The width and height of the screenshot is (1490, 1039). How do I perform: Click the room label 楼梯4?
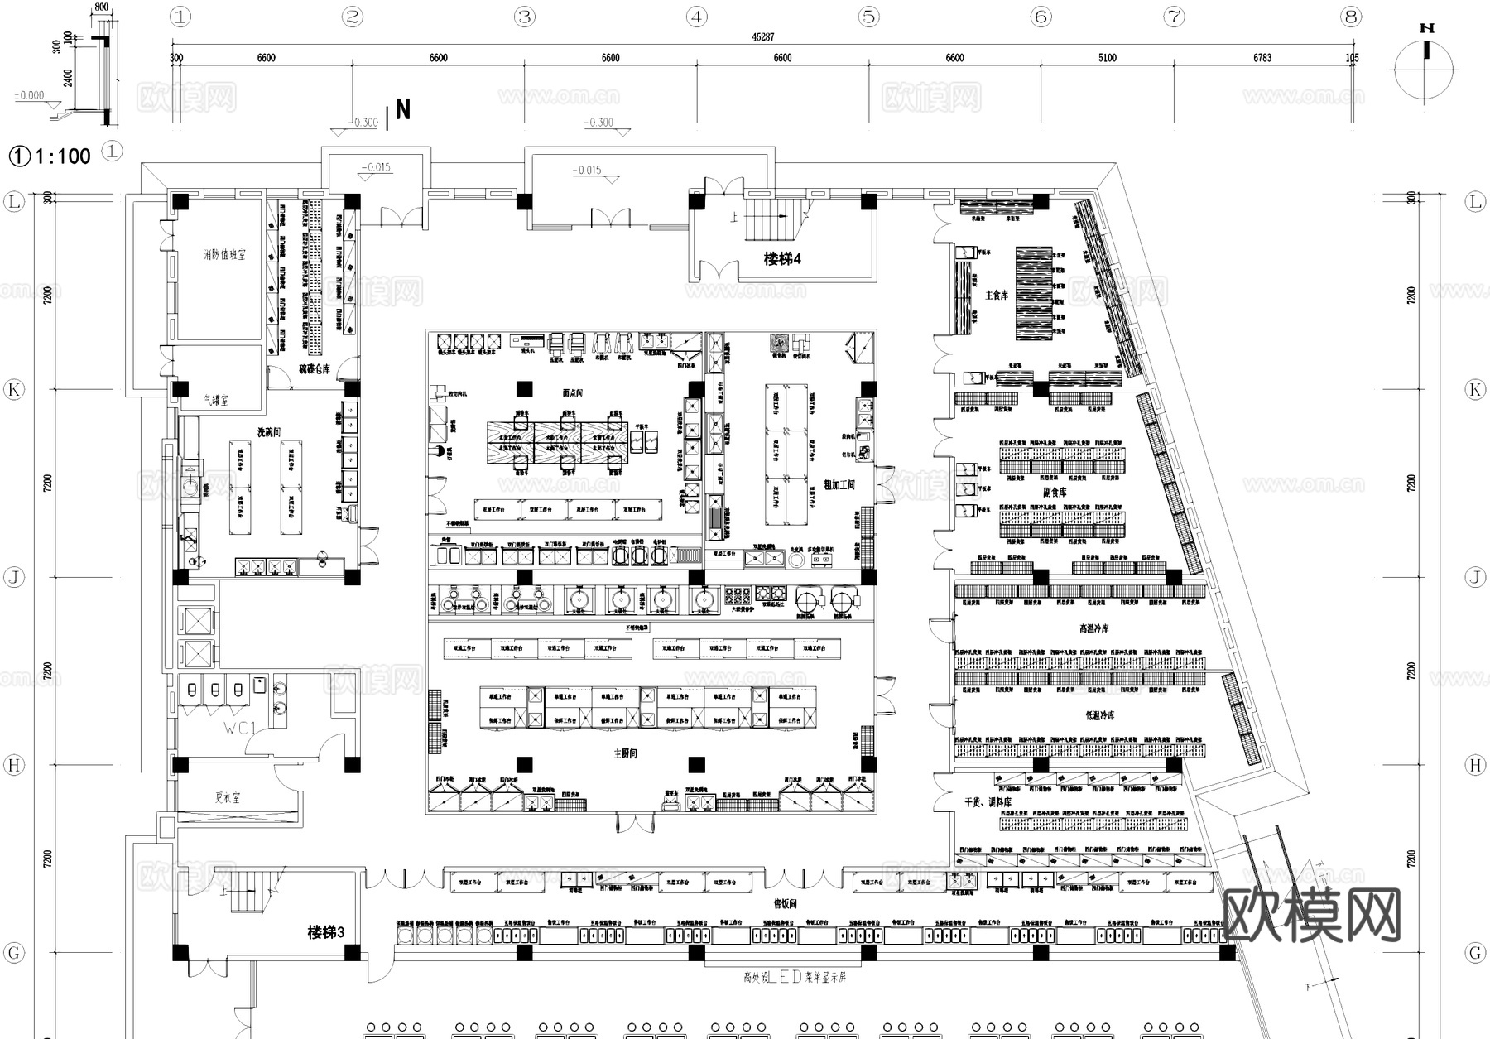click(782, 259)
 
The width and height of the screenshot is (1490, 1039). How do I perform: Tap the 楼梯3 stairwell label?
click(325, 932)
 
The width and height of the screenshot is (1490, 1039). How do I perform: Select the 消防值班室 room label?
click(224, 255)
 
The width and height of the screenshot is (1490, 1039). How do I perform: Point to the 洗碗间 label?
click(268, 431)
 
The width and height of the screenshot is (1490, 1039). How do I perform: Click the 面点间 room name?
click(572, 392)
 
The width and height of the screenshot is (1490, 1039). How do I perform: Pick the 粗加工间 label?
click(839, 484)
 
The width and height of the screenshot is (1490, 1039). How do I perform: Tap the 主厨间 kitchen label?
click(625, 753)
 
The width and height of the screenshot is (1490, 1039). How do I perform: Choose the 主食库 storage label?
click(997, 295)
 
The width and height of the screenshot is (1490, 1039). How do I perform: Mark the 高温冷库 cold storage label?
click(1093, 629)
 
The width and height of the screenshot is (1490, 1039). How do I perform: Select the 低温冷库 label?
click(1100, 715)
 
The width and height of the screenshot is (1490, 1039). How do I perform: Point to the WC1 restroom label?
click(241, 729)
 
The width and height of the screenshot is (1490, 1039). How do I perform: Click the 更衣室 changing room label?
click(228, 798)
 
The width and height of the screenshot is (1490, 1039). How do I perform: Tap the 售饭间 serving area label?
click(784, 904)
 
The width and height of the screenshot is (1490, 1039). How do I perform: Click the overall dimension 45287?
click(762, 37)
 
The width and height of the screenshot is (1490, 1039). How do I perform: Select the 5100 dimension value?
click(1107, 58)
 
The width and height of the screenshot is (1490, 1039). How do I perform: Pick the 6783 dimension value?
click(1262, 58)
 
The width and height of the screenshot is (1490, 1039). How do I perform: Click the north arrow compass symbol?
click(1425, 68)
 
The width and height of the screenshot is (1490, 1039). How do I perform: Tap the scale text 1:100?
click(63, 156)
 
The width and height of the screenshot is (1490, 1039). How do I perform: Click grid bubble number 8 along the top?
click(1351, 17)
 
